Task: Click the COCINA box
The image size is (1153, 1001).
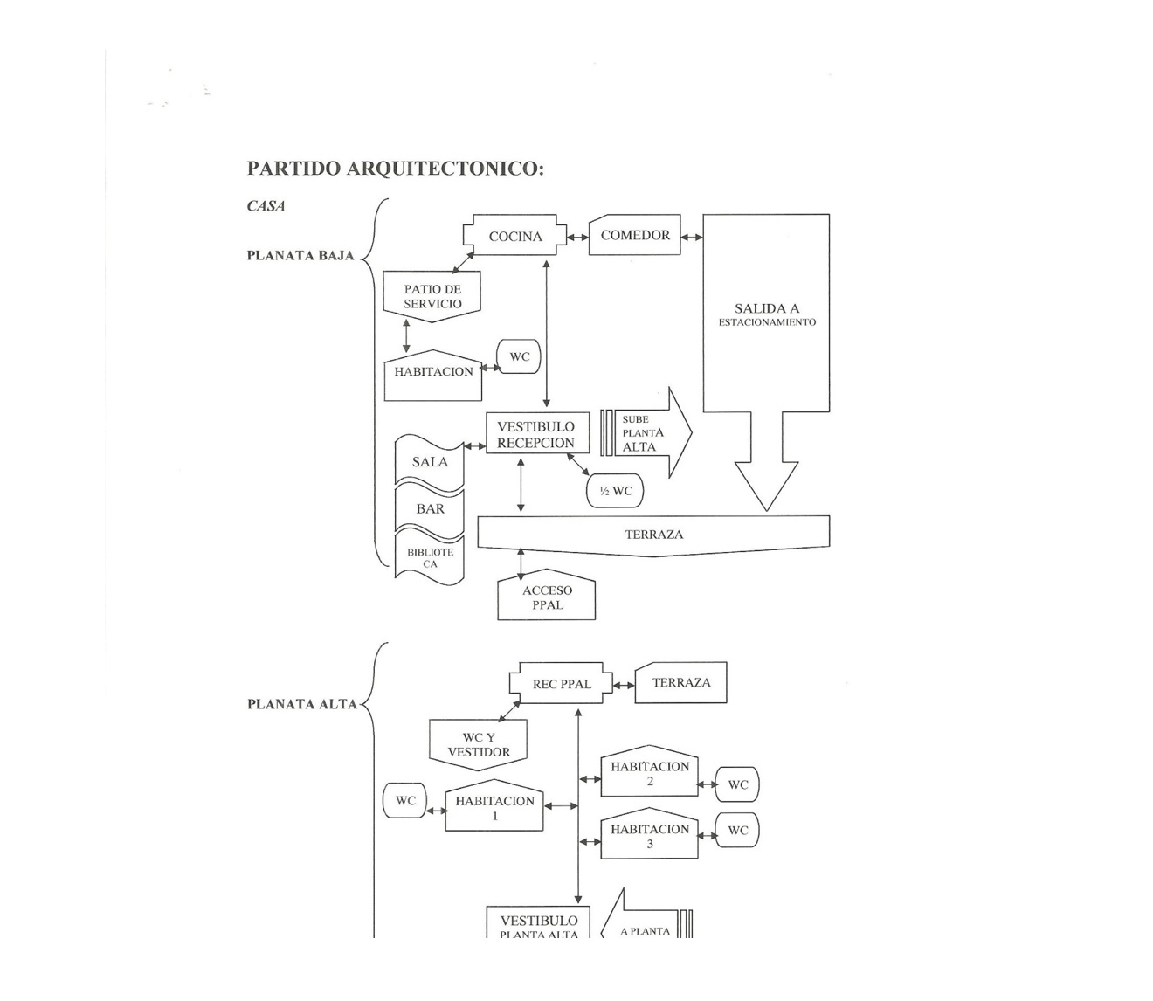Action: coord(514,236)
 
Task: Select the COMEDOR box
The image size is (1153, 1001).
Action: coord(635,236)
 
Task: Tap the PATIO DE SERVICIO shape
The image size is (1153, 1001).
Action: coord(432,297)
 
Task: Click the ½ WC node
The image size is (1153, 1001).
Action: coord(615,491)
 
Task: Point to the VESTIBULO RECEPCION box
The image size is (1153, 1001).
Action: coord(535,434)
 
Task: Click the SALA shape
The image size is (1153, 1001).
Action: coord(430,461)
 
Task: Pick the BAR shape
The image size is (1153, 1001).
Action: coord(430,508)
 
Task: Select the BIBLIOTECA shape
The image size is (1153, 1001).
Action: coord(430,558)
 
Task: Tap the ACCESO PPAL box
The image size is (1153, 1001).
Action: coord(547,597)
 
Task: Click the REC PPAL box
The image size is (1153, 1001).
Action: coord(561,684)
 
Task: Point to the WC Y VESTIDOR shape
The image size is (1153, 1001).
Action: coord(479,744)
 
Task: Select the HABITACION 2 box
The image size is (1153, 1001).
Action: coord(650,773)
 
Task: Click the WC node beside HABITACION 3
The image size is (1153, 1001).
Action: coord(737,830)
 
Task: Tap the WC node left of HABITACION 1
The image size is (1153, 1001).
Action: coord(405,800)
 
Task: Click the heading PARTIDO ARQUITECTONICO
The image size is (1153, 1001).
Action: coord(395,169)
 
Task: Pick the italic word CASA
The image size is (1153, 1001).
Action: coord(266,206)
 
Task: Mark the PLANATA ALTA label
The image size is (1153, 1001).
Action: coord(302,704)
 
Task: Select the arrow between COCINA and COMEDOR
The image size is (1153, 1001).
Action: coord(577,237)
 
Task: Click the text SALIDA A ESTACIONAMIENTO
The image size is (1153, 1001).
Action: coord(767,314)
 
